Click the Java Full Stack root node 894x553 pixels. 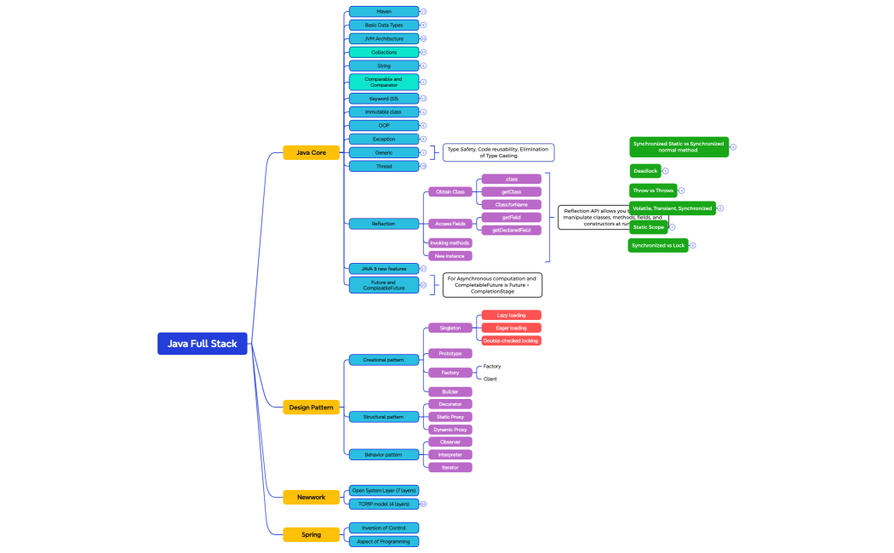[202, 344]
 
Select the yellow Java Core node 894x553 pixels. [311, 152]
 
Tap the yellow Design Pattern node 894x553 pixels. [311, 408]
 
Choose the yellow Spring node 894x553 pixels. [311, 534]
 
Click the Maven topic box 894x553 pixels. [383, 12]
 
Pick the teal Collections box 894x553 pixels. [383, 52]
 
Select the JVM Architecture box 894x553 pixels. [383, 38]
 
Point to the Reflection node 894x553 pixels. [383, 224]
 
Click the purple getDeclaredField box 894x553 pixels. [511, 230]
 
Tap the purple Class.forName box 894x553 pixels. [511, 204]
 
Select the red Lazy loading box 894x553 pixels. [511, 315]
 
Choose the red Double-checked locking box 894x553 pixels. [511, 340]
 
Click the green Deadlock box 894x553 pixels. [645, 171]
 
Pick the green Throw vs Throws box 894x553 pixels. [652, 191]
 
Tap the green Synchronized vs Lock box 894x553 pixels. [658, 245]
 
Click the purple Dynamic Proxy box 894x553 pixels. [450, 430]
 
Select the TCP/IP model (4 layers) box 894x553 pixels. [383, 504]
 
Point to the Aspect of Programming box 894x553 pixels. [383, 541]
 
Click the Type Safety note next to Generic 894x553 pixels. [498, 152]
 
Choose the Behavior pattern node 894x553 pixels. [383, 454]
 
